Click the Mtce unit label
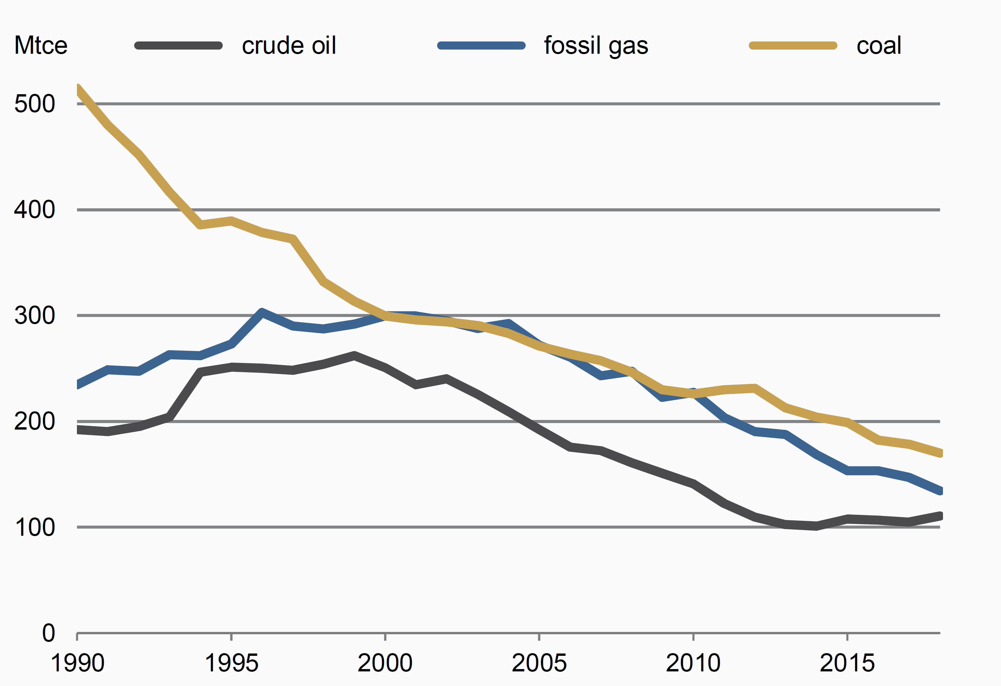click(41, 45)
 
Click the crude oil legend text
click(288, 45)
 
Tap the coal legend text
click(879, 45)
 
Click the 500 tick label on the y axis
click(35, 104)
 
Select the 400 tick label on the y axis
click(35, 210)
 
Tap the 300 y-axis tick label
click(35, 315)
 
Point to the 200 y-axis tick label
click(35, 421)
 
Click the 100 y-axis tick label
click(35, 527)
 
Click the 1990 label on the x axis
click(78, 663)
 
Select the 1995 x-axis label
click(231, 663)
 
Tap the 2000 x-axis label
click(385, 663)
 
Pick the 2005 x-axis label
click(539, 663)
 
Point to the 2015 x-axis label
click(847, 663)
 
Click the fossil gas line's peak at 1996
click(262, 311)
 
